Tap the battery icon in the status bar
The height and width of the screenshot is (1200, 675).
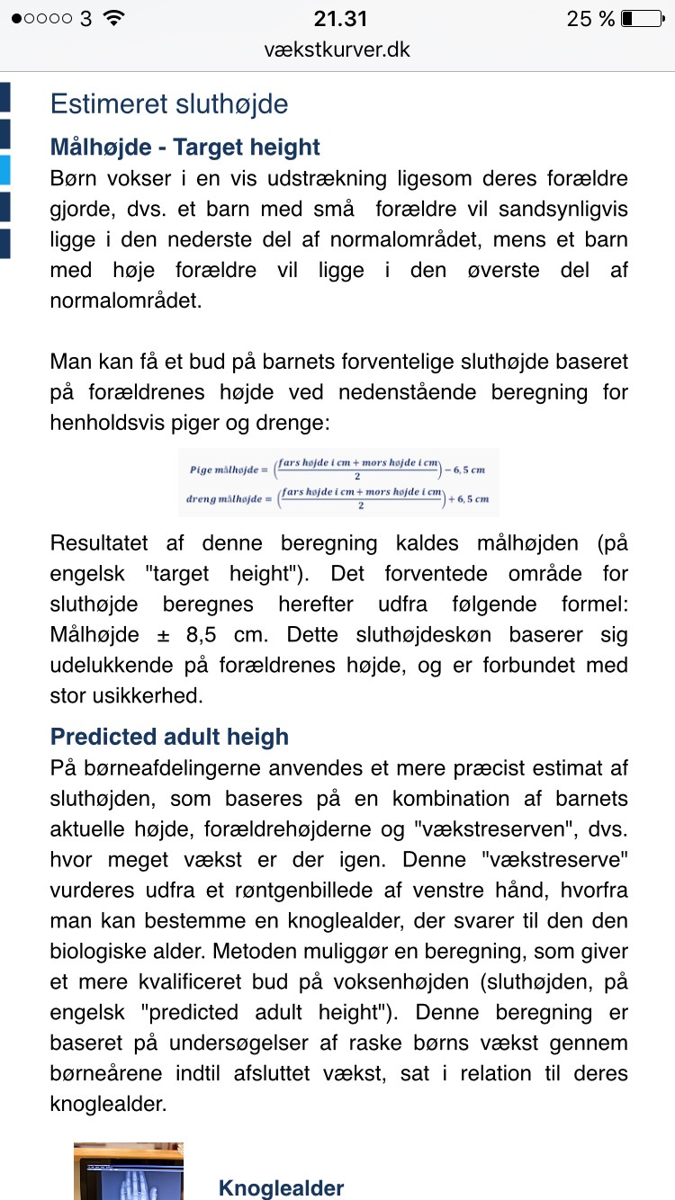(x=640, y=19)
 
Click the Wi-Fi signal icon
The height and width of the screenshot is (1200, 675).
(x=114, y=18)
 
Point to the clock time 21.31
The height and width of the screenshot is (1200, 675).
(x=340, y=19)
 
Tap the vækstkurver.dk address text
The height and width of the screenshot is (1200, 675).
(x=337, y=49)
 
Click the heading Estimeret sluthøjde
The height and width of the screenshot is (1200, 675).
(x=169, y=103)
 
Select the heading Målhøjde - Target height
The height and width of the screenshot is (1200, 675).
(x=185, y=147)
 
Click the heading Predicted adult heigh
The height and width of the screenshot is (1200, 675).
(x=169, y=737)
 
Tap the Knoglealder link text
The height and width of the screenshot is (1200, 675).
(x=281, y=1188)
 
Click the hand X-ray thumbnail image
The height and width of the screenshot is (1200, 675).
(x=129, y=1171)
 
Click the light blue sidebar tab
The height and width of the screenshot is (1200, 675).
(x=4, y=169)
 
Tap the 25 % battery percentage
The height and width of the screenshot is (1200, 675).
(x=590, y=19)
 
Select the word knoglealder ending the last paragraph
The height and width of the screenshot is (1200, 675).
(x=109, y=1104)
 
